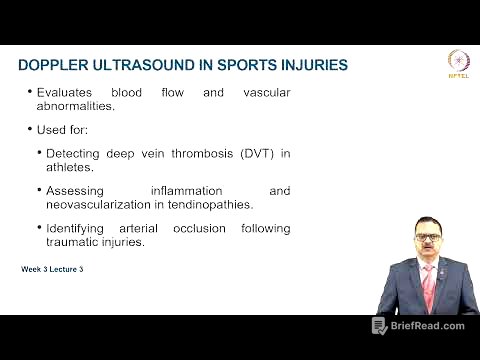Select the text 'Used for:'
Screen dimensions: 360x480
click(66, 130)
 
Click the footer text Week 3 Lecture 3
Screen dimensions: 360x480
click(51, 270)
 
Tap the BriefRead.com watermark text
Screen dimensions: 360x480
click(428, 326)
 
